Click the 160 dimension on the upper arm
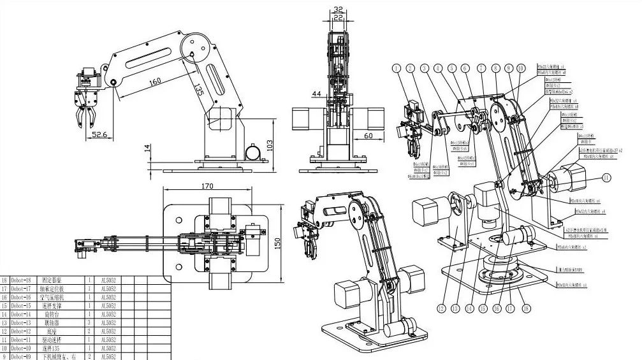(x=155, y=82)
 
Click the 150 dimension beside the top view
(x=278, y=243)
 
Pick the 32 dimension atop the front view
(x=339, y=10)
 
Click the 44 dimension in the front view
(x=316, y=94)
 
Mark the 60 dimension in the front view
(x=368, y=136)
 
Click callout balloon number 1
(x=396, y=68)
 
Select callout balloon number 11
(x=606, y=177)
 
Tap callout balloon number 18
(x=526, y=309)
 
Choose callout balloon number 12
(x=441, y=309)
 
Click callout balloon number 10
(x=522, y=68)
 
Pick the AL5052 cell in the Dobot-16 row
(x=109, y=297)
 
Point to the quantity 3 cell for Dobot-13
(x=89, y=322)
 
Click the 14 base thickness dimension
(x=147, y=148)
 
